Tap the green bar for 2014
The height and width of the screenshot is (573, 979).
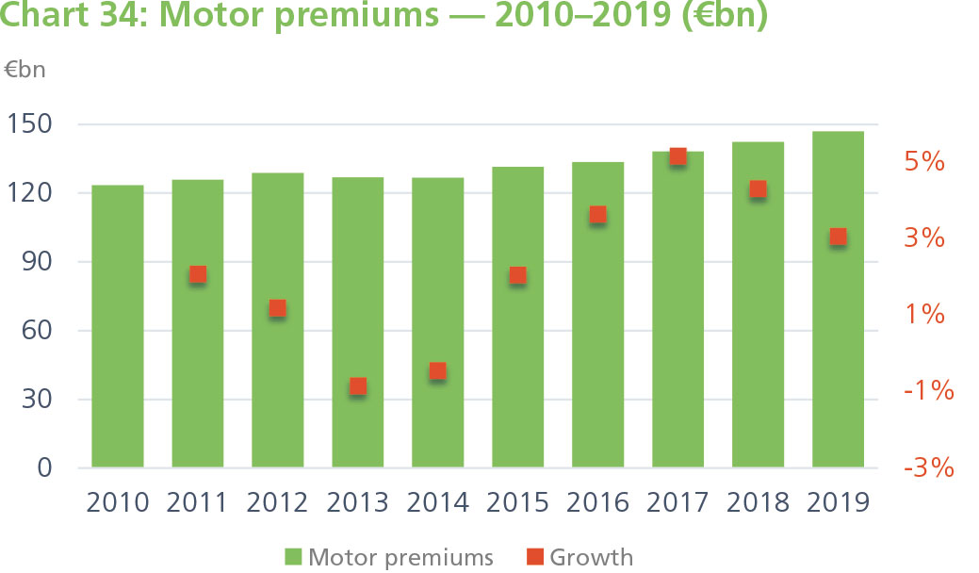click(x=437, y=321)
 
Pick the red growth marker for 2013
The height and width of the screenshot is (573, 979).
click(x=358, y=386)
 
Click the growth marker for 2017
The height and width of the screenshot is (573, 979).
click(x=677, y=156)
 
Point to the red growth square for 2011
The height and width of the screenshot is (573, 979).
click(x=198, y=275)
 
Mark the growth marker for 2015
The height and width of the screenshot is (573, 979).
click(x=517, y=276)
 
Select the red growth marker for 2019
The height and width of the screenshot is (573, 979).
click(x=838, y=237)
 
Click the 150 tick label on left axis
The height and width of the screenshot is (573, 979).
click(x=31, y=124)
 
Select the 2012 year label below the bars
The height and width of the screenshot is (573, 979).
click(x=278, y=502)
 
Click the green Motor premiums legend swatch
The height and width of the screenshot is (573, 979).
click(x=291, y=557)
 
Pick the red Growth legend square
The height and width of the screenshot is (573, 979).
click(x=534, y=557)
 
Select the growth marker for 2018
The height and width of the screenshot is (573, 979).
click(x=758, y=189)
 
